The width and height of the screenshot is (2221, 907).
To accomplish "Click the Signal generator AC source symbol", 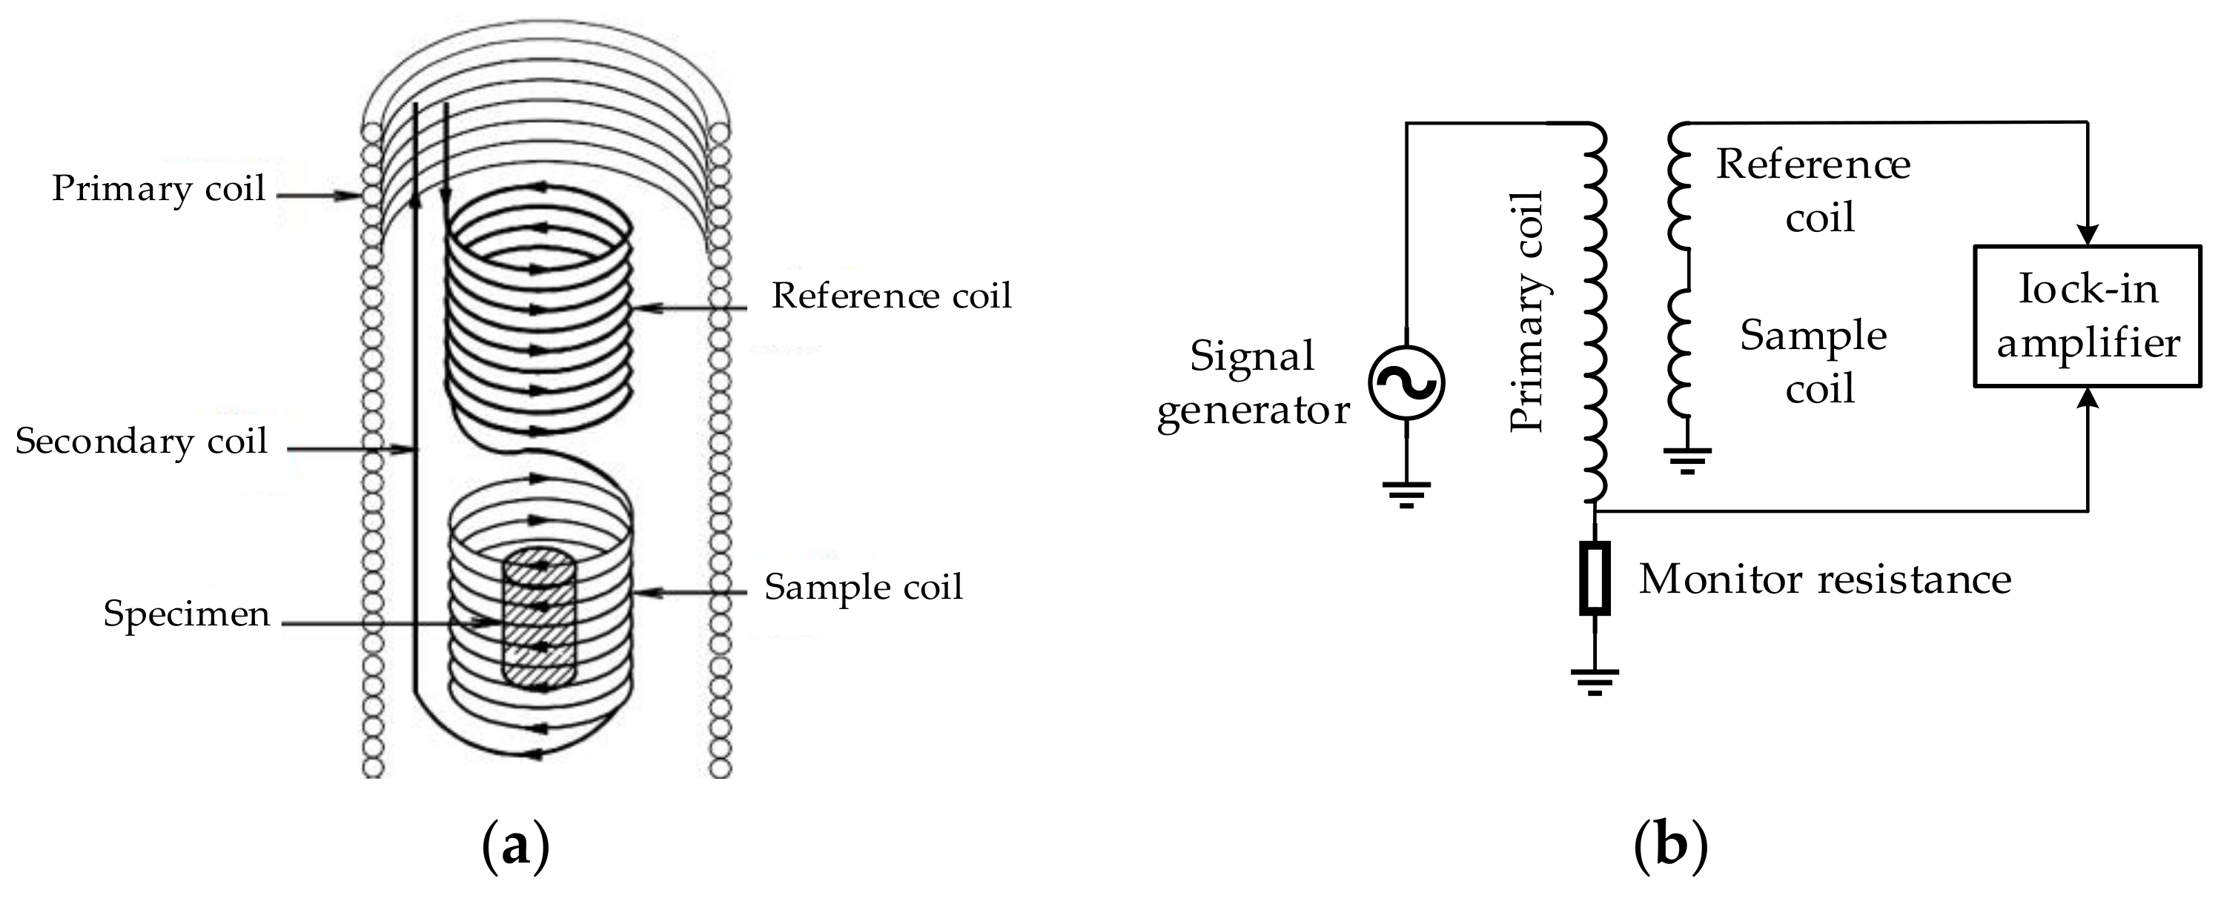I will pyautogui.click(x=1406, y=383).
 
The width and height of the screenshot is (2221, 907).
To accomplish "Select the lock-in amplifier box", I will pyautogui.click(x=2088, y=316).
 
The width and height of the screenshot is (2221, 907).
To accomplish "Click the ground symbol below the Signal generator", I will pyautogui.click(x=1406, y=494).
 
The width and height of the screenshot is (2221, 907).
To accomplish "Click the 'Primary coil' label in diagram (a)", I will pyautogui.click(x=158, y=189).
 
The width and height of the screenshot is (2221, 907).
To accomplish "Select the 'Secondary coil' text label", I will pyautogui.click(x=142, y=442).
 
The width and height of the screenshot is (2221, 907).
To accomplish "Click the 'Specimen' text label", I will pyautogui.click(x=186, y=614).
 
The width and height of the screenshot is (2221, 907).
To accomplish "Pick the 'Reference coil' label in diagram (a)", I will pyautogui.click(x=890, y=296).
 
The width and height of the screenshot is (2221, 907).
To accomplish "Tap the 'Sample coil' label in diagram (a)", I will pyautogui.click(x=863, y=587).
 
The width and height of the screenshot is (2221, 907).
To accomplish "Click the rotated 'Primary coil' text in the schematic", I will pyautogui.click(x=1527, y=312).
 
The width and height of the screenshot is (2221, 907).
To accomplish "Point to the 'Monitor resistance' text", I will pyautogui.click(x=1824, y=579).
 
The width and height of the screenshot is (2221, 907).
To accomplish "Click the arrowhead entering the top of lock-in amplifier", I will pyautogui.click(x=2088, y=236).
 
